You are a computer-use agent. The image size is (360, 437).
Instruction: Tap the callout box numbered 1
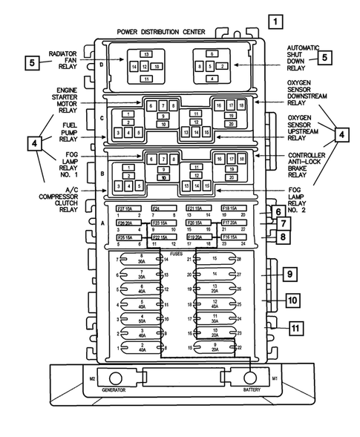pyautogui.click(x=275, y=22)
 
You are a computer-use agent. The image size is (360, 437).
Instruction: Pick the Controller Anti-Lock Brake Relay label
pyautogui.click(x=305, y=165)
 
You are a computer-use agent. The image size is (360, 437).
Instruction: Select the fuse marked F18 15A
pyautogui.click(x=229, y=208)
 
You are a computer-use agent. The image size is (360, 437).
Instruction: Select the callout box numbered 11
pyautogui.click(x=297, y=327)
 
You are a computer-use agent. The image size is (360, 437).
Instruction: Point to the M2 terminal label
pyautogui.click(x=93, y=378)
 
